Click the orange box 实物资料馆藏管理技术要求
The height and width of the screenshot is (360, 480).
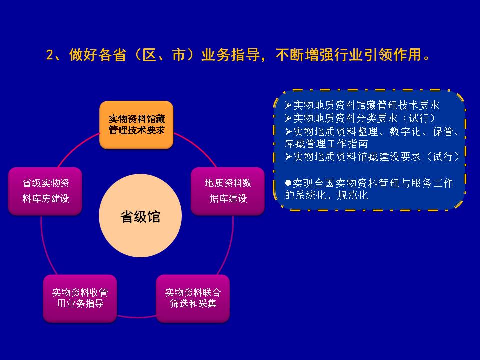(x=136, y=125)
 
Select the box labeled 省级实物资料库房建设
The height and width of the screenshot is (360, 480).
(x=45, y=191)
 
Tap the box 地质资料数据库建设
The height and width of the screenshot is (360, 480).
(x=228, y=191)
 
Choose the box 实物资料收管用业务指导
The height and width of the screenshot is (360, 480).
(x=80, y=298)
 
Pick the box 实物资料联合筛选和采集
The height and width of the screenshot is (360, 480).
(x=193, y=298)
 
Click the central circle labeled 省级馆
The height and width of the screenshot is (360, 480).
(x=140, y=216)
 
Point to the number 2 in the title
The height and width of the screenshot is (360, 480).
(x=50, y=55)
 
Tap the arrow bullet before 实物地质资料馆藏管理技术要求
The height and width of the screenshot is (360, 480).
(x=288, y=105)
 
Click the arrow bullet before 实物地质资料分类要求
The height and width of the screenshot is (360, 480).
(x=288, y=118)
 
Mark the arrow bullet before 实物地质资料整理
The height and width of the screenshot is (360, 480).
(x=288, y=132)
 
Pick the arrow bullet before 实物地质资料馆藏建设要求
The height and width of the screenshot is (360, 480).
(x=288, y=157)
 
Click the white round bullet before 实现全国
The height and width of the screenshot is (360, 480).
(x=288, y=183)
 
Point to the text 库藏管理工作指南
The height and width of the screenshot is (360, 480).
(x=326, y=144)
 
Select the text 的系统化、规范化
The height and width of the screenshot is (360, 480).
(x=326, y=195)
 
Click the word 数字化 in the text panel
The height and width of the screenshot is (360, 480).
(x=405, y=132)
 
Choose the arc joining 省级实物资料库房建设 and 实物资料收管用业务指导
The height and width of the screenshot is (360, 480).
(x=46, y=246)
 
